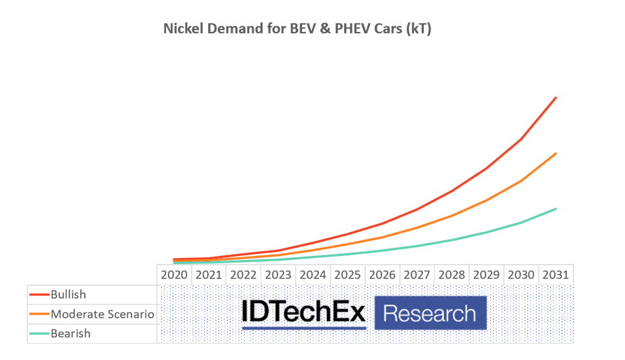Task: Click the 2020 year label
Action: point(174,276)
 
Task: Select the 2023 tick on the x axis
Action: point(278,276)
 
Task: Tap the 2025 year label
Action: point(348,276)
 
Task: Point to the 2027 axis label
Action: point(417,276)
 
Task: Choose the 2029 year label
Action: point(486,276)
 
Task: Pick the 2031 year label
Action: point(556,276)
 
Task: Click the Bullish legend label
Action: point(69,295)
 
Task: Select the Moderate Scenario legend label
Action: point(103,314)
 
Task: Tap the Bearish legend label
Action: point(71,333)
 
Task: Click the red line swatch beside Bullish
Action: point(39,295)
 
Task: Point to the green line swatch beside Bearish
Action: point(39,334)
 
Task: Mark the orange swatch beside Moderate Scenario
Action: point(39,314)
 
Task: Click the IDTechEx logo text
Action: point(304,313)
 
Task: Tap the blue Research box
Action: point(430,314)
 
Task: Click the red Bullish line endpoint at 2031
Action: point(556,98)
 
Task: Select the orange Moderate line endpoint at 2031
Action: point(556,154)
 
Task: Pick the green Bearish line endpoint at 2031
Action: point(556,209)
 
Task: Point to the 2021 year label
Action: point(209,276)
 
